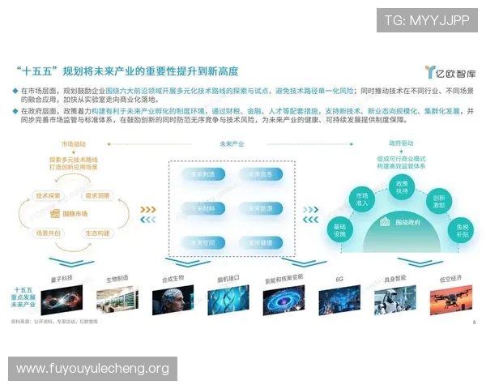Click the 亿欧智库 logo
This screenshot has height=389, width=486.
click(x=448, y=72)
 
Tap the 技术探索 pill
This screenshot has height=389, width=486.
click(x=49, y=195)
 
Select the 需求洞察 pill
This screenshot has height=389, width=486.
click(x=98, y=195)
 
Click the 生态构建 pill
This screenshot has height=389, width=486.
click(x=98, y=232)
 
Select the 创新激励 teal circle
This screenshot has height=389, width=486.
click(x=439, y=200)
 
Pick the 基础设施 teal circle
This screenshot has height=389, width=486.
click(x=339, y=232)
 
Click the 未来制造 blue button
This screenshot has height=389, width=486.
click(x=197, y=173)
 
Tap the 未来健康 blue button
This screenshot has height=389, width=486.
click(x=260, y=241)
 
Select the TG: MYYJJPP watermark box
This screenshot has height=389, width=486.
click(x=427, y=19)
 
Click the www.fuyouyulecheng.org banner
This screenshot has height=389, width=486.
click(x=93, y=369)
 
